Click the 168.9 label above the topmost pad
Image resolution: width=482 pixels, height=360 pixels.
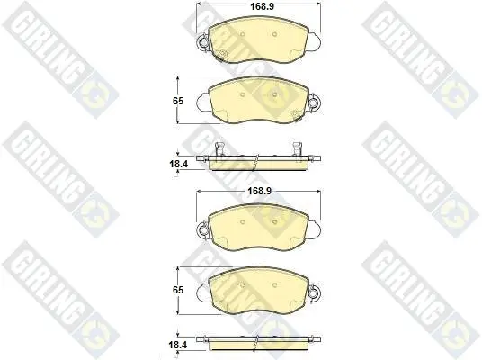(262, 6)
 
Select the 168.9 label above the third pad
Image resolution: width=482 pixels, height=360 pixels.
(260, 191)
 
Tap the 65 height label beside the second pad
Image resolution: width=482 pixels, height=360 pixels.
(178, 101)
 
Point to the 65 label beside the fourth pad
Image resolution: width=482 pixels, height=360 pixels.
(178, 290)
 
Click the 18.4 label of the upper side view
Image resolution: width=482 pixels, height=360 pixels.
(178, 164)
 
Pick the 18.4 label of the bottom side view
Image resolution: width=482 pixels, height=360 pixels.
(178, 345)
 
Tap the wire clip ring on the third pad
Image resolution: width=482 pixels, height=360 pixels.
(203, 229)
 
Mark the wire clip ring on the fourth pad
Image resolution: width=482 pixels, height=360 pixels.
(314, 291)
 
